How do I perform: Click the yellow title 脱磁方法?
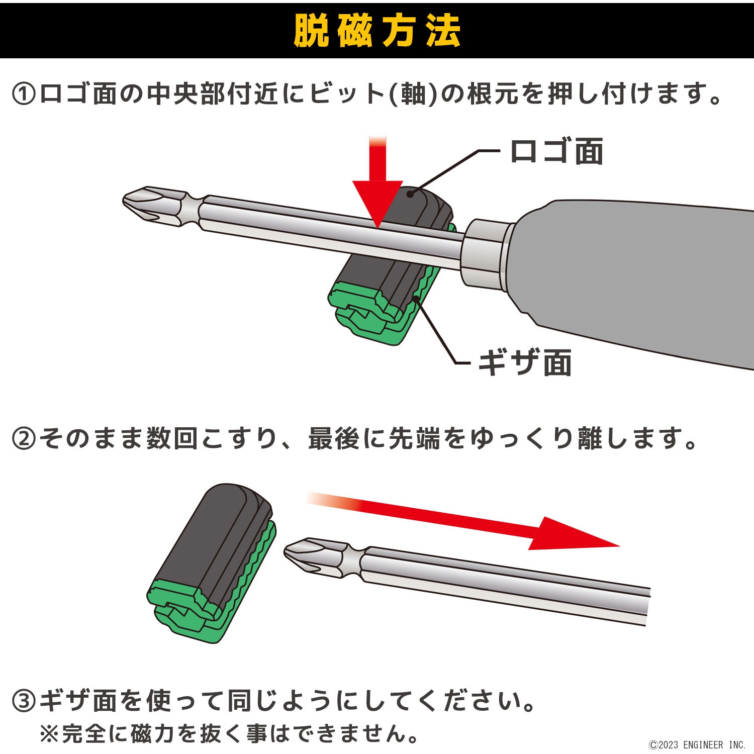click(376, 31)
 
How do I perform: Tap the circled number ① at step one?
click(24, 94)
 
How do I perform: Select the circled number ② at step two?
click(24, 438)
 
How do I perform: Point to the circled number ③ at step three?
click(24, 701)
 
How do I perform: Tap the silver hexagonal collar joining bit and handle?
click(485, 254)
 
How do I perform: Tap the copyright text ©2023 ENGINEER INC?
click(697, 744)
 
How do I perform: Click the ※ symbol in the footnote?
click(49, 734)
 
